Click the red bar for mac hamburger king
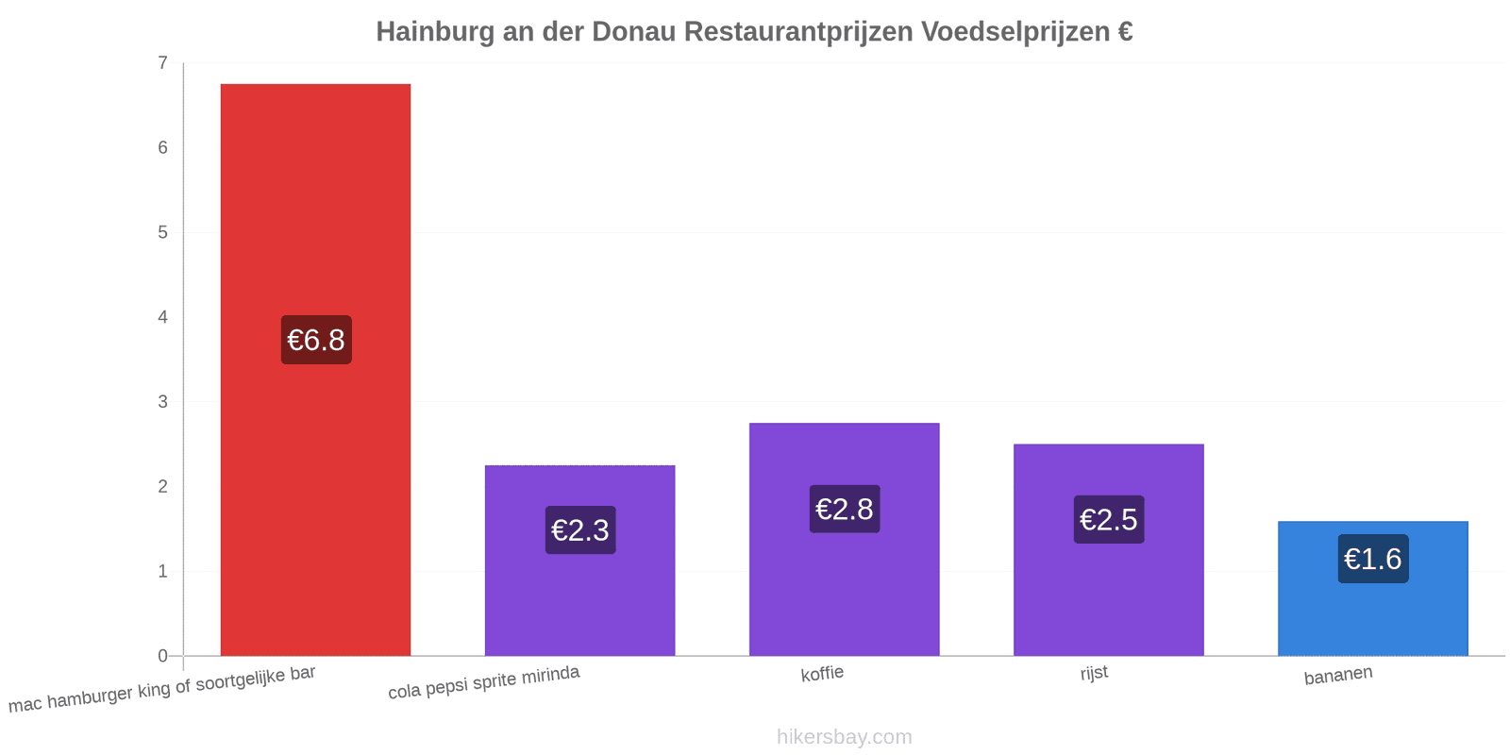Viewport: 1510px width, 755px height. coord(315,369)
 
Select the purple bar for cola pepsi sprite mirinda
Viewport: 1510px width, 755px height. coord(579,561)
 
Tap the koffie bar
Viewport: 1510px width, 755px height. coord(844,539)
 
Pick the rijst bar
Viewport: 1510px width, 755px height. coord(1108,549)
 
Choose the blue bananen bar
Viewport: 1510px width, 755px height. coord(1372,589)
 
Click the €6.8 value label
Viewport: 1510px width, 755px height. coord(316,340)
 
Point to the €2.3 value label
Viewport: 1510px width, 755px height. coord(580,529)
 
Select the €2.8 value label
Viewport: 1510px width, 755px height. coord(845,509)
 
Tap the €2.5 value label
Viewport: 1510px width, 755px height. coord(1109,519)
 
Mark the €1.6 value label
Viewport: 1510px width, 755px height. coord(1373,559)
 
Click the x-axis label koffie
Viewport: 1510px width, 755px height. coord(822,674)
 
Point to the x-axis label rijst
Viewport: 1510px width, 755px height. coord(1094,673)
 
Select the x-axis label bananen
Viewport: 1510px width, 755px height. coord(1338,675)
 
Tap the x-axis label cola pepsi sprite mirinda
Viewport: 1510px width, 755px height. coord(483,681)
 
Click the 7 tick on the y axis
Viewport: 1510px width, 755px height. coord(162,62)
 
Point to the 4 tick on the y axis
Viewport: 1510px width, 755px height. coord(162,317)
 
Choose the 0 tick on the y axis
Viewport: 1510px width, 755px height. coord(162,656)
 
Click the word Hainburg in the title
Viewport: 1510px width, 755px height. coord(435,32)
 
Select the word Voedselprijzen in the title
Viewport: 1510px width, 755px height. coord(1015,32)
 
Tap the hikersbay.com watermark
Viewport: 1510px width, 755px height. coord(844,736)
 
